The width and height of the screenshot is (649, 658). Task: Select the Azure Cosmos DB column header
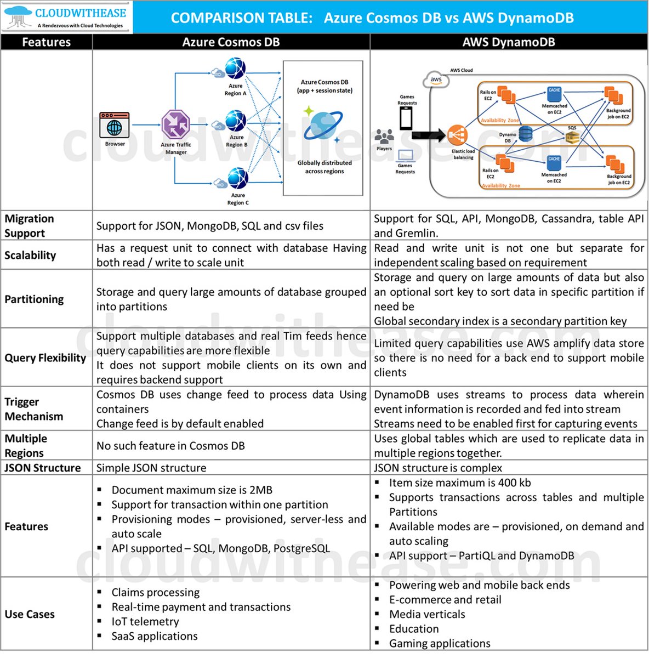tap(231, 42)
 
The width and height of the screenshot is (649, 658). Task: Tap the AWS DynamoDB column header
tap(509, 42)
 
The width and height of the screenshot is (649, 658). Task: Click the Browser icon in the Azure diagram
tap(115, 126)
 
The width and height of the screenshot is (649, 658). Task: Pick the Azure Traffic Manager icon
tap(175, 124)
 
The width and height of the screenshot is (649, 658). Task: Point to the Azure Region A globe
tap(236, 69)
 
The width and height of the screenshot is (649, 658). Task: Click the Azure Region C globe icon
tap(238, 179)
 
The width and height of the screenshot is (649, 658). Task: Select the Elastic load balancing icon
tap(457, 135)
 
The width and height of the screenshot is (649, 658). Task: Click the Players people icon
tap(384, 137)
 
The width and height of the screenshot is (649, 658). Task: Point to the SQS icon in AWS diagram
tap(572, 137)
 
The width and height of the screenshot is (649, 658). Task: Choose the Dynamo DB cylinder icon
tap(525, 133)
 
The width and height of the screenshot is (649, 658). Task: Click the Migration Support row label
tap(30, 225)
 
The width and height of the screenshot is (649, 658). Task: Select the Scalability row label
tap(30, 255)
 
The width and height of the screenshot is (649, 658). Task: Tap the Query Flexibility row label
tap(45, 358)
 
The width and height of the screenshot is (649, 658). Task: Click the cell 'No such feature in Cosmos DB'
tap(170, 446)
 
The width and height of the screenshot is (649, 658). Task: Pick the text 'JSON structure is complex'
tap(438, 468)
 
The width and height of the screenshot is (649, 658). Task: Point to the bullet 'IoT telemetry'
tap(145, 621)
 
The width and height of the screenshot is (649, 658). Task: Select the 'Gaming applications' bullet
tap(440, 643)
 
